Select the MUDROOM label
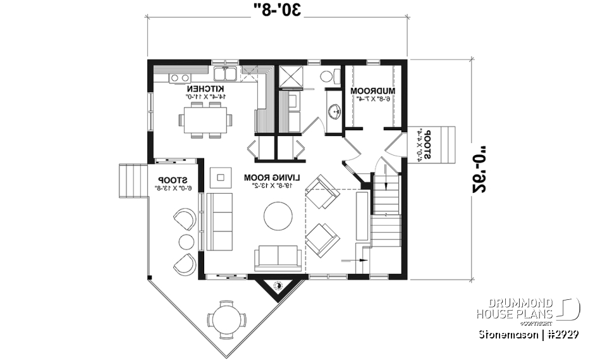tap(372, 90)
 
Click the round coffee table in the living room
tap(278, 216)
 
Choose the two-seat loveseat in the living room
tap(278, 258)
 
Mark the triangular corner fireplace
tap(277, 288)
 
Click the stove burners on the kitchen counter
tap(180, 78)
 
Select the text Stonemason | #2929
tap(529, 333)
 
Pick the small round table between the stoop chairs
tap(185, 242)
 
